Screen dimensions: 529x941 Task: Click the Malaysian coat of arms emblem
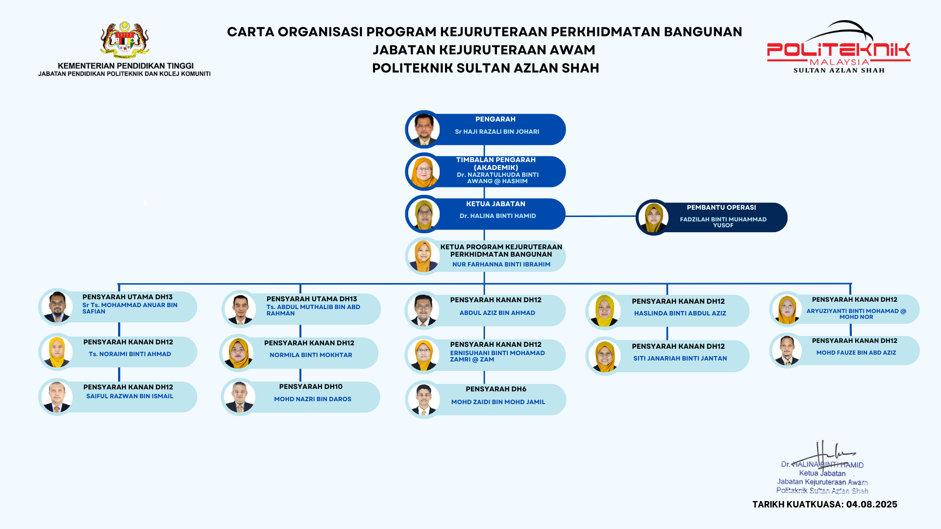click(x=124, y=40)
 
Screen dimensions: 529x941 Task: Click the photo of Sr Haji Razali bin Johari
click(x=424, y=129)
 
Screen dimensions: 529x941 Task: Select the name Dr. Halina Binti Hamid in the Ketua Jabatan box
click(x=497, y=216)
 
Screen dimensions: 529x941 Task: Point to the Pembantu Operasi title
click(x=721, y=208)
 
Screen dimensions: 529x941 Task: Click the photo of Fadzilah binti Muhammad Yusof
click(x=653, y=217)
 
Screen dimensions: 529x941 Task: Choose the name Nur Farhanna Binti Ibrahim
click(x=501, y=264)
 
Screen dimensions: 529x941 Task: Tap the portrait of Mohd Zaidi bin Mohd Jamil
click(x=423, y=400)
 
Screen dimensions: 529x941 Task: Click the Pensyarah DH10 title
click(x=311, y=387)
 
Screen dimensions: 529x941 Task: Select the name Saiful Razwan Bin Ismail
click(x=129, y=396)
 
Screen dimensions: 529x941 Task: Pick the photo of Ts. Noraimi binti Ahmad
click(x=57, y=352)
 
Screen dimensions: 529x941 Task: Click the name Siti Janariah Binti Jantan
click(x=680, y=359)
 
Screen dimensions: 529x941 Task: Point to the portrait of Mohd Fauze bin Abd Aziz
click(x=787, y=351)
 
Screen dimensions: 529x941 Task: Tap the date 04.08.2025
click(x=871, y=505)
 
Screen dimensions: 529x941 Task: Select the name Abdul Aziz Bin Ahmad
click(x=497, y=313)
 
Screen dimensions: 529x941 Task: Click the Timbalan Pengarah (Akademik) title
click(x=495, y=164)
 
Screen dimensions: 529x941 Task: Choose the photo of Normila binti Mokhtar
click(x=238, y=353)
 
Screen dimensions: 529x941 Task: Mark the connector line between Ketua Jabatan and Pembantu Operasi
click(x=600, y=216)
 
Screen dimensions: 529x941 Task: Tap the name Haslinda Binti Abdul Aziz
click(x=680, y=313)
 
